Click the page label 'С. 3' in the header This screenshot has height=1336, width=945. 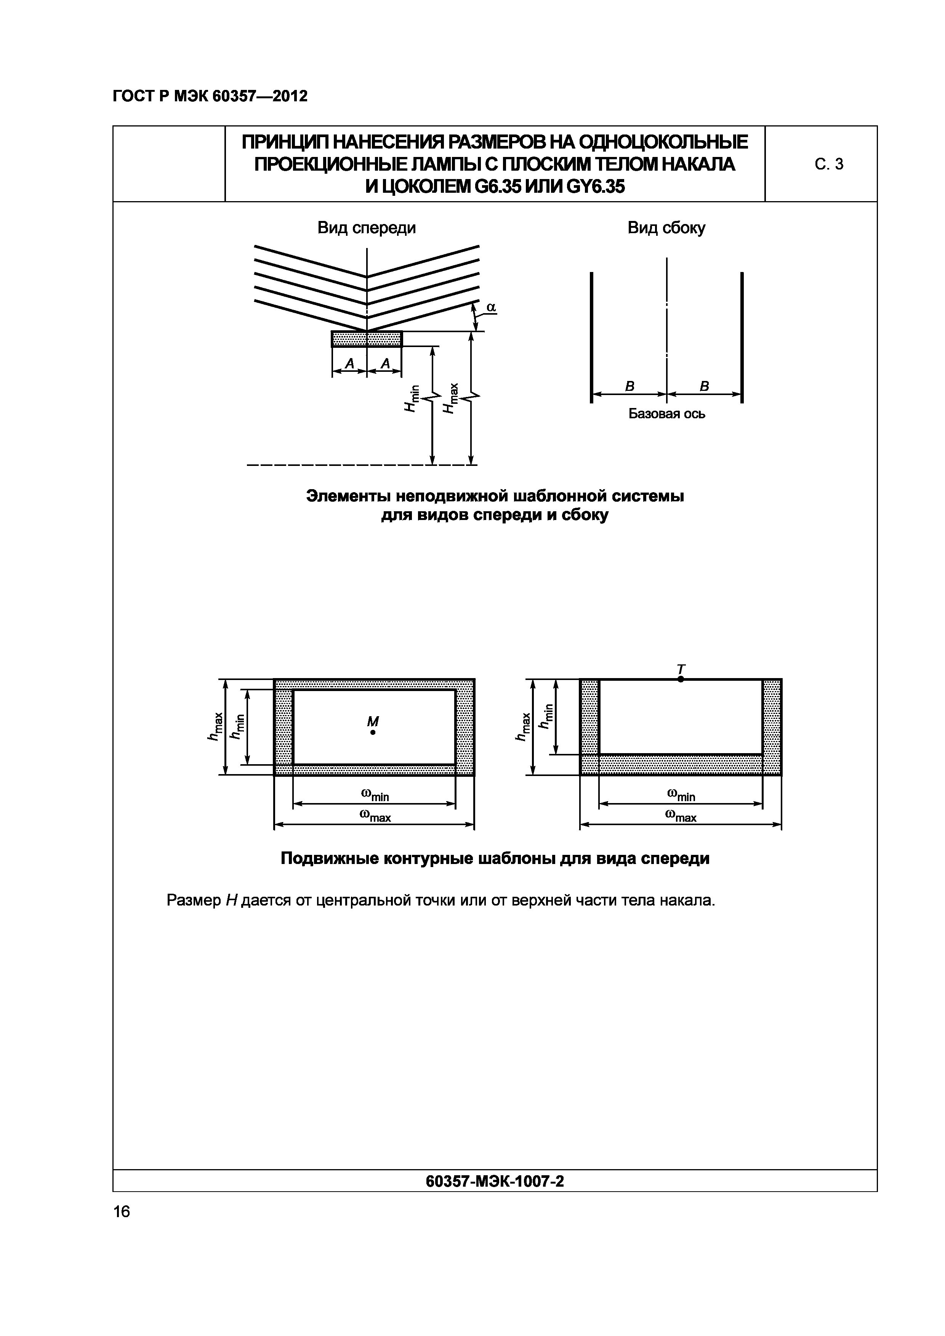point(829,165)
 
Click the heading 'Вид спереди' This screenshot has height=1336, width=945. point(367,227)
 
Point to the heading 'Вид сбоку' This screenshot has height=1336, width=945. point(666,227)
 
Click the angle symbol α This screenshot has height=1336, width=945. point(491,307)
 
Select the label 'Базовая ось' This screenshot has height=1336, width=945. point(667,414)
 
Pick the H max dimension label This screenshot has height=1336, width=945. point(450,398)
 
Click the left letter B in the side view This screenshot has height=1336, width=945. point(629,386)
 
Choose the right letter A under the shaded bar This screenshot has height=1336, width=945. point(384,364)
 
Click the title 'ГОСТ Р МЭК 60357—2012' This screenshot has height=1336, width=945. point(210,96)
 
